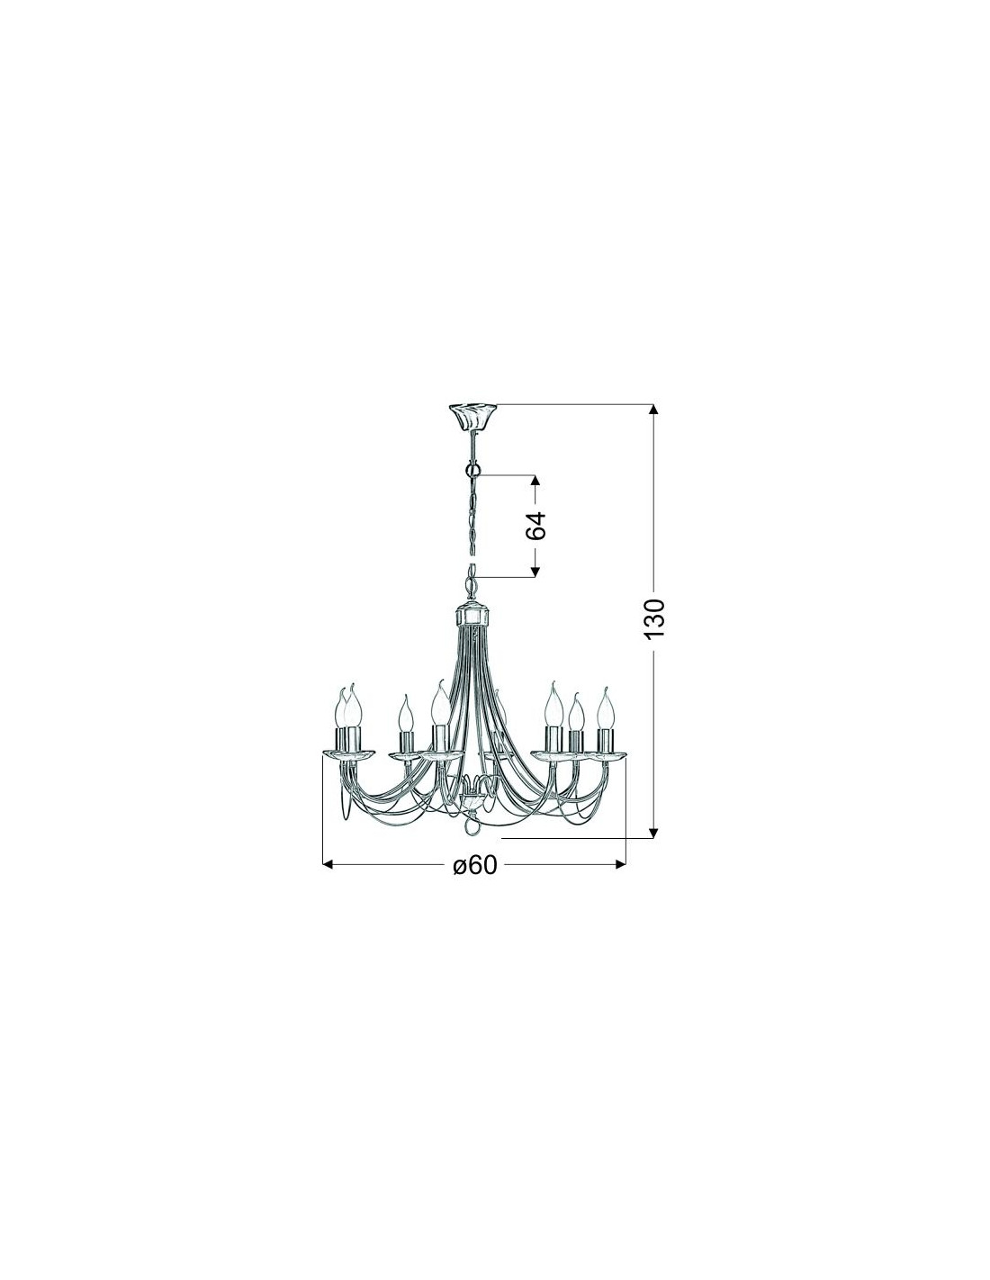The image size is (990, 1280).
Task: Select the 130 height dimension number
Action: click(x=653, y=617)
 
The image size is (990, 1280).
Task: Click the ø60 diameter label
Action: click(x=474, y=864)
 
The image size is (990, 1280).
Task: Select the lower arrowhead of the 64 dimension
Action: click(x=535, y=571)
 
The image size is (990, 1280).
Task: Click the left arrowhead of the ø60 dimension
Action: click(x=329, y=864)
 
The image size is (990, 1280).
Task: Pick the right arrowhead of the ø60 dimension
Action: click(x=619, y=864)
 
